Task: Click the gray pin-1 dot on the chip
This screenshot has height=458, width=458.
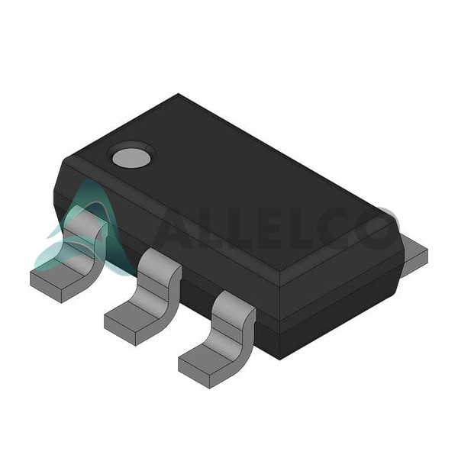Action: click(131, 158)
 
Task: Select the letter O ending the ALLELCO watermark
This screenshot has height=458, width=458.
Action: click(379, 228)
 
